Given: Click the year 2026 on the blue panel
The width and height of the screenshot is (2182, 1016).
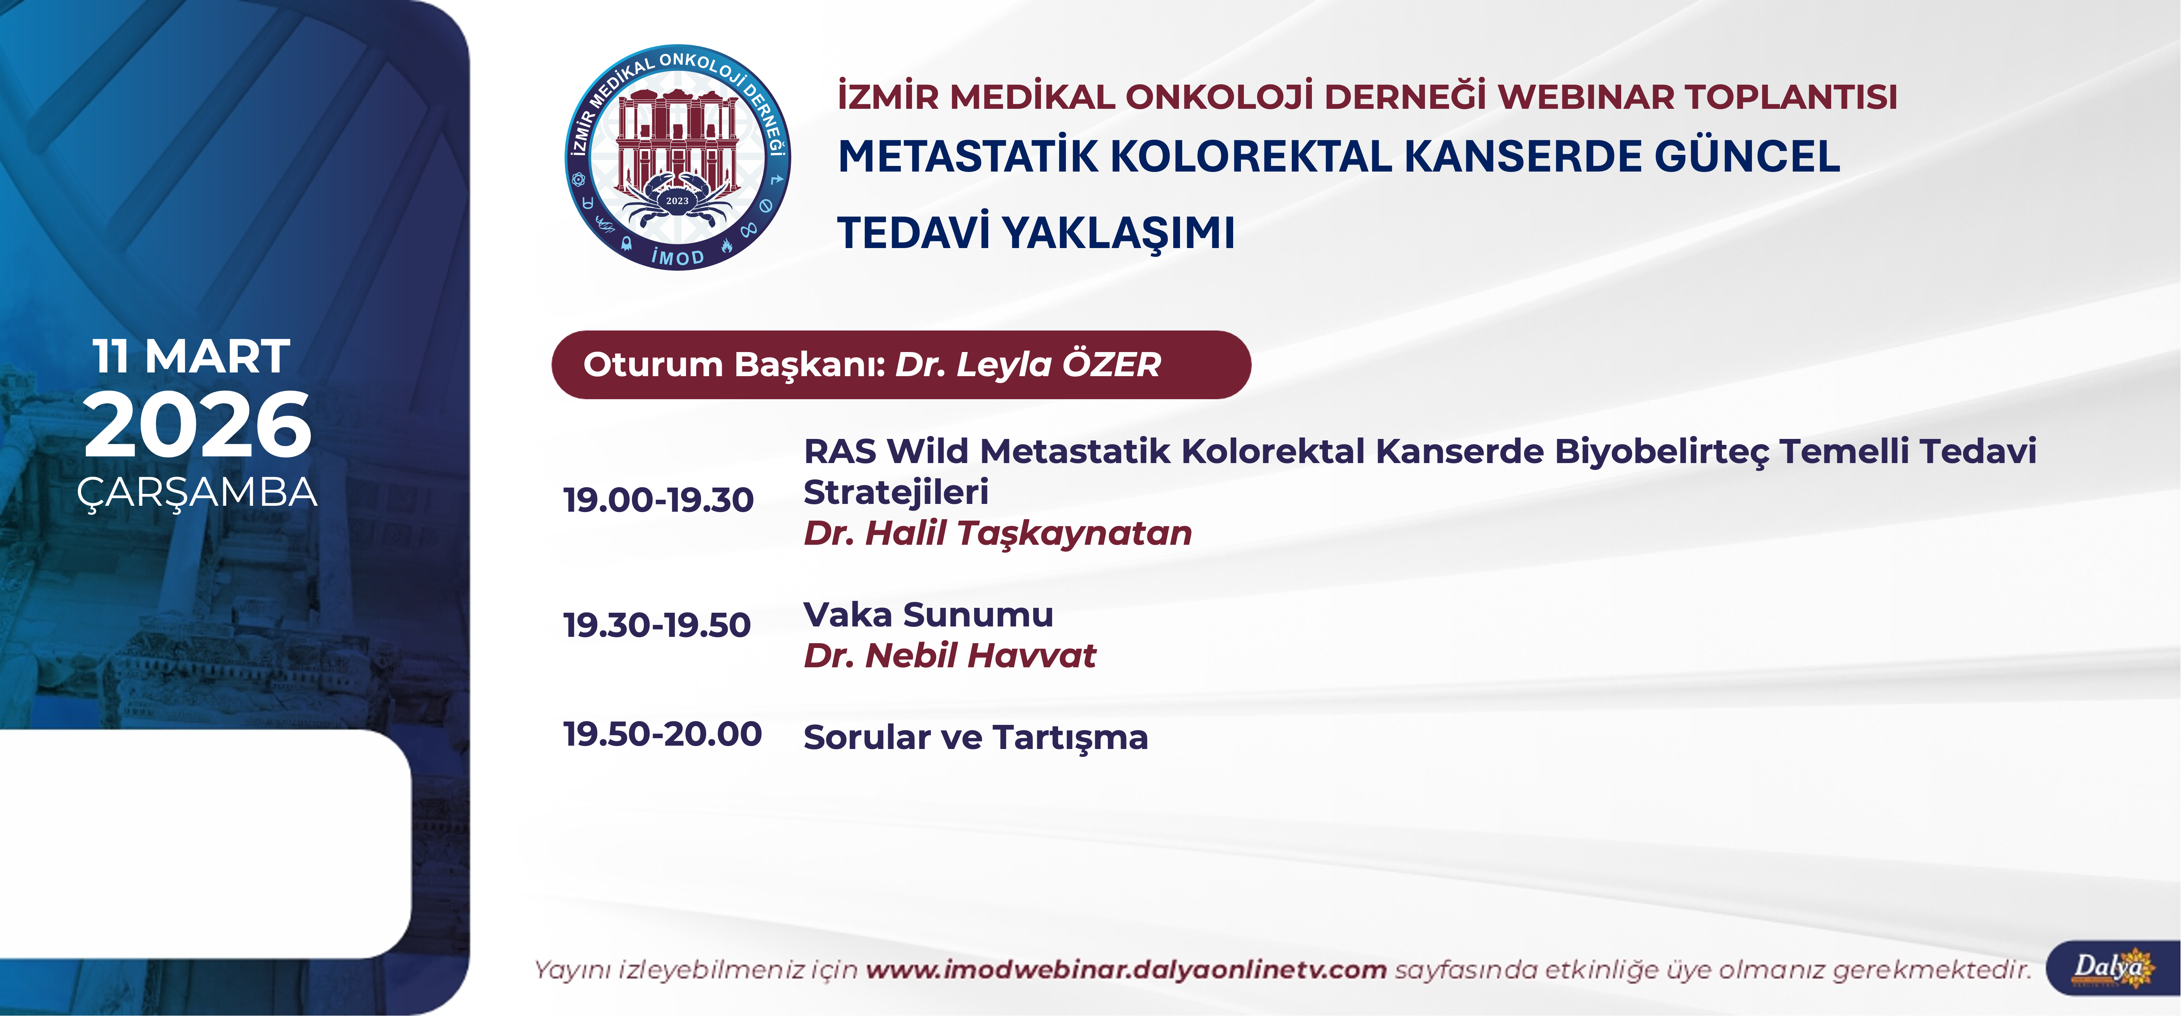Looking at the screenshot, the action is click(x=197, y=425).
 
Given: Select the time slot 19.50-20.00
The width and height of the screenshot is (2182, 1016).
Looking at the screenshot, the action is click(x=662, y=734).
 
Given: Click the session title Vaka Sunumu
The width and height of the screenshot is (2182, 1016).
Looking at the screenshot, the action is click(x=928, y=615).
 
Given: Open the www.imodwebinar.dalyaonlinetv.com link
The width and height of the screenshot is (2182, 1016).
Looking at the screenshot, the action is click(x=1126, y=970).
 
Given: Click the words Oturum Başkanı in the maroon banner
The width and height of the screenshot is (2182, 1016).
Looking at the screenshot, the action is click(x=734, y=365).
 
